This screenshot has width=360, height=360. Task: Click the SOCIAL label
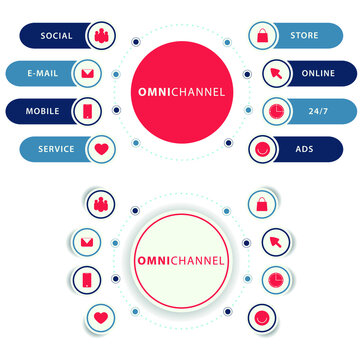(56, 36)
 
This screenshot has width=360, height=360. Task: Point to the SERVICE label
(56, 148)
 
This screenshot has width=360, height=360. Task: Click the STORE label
(304, 36)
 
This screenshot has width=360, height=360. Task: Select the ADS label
(304, 148)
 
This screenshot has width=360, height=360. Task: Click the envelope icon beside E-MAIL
(87, 74)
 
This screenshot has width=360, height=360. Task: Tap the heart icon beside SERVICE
(100, 149)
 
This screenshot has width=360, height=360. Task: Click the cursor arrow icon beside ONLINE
(273, 74)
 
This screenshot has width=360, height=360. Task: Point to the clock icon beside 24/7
(273, 111)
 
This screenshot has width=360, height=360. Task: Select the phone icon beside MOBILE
(87, 111)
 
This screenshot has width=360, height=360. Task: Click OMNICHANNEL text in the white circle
(181, 262)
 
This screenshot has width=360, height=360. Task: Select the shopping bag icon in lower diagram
(261, 206)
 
